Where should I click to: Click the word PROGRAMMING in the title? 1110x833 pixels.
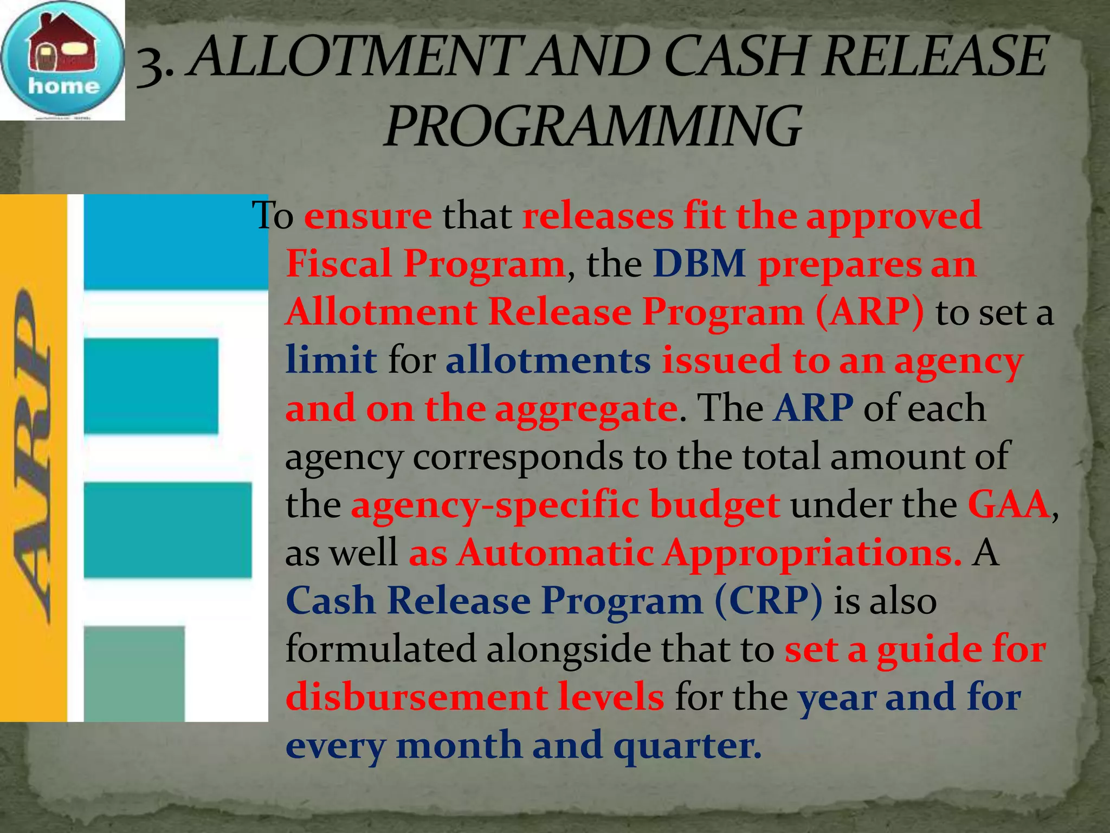click(592, 127)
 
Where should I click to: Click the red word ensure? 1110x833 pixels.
click(368, 216)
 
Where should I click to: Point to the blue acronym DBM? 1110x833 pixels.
click(699, 264)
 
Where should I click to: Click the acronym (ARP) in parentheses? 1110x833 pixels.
click(869, 312)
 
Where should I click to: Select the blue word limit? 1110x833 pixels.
click(331, 360)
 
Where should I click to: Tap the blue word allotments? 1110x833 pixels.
click(547, 360)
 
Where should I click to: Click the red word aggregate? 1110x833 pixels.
click(586, 408)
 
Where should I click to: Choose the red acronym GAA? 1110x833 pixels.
click(1009, 505)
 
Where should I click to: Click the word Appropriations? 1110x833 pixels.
click(813, 553)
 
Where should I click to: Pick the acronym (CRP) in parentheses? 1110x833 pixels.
click(769, 601)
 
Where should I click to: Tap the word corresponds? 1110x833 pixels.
click(518, 457)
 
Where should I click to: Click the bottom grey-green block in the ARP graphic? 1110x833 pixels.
click(134, 672)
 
